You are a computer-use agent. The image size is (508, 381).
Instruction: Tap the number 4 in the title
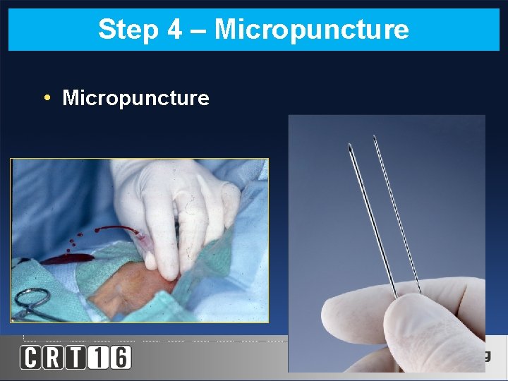point(174,30)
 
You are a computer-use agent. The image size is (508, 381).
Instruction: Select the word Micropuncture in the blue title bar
point(311,30)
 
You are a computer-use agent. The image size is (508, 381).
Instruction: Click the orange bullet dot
point(46,97)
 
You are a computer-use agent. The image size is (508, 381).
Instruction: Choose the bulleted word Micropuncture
point(135,98)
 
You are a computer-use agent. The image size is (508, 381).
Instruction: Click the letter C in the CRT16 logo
point(31,357)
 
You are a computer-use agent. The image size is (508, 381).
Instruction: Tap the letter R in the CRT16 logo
point(54,357)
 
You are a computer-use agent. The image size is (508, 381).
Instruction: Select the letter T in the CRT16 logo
point(76,357)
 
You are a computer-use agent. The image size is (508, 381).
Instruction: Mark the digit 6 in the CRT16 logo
point(120,357)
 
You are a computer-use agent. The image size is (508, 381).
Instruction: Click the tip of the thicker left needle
point(351,148)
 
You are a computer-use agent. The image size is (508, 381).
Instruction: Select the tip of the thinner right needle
point(375,137)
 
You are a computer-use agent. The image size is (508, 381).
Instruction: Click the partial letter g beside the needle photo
point(486,354)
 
